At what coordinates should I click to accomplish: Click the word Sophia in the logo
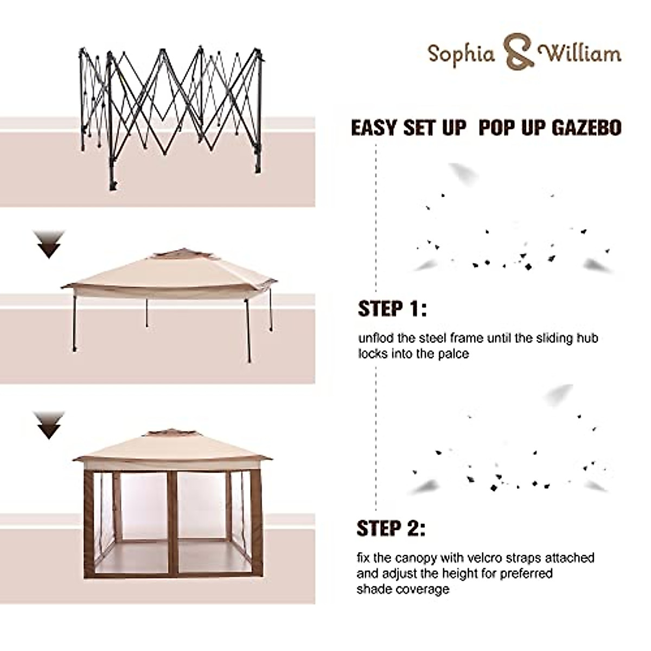(461, 54)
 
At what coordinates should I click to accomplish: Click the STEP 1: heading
(392, 309)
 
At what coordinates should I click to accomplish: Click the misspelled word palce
(454, 354)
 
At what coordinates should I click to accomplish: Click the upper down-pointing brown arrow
(50, 244)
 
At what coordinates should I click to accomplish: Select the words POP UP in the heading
(507, 128)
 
